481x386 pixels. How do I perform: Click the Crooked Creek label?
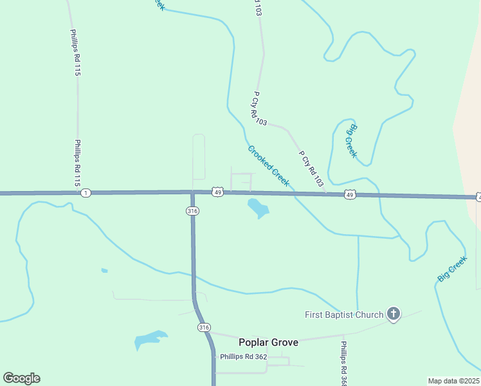(x=269, y=166)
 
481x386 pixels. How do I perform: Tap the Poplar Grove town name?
(x=268, y=342)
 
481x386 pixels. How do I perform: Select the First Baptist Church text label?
(x=344, y=315)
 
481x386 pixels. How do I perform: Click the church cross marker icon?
(x=394, y=315)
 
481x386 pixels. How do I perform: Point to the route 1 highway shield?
(x=87, y=192)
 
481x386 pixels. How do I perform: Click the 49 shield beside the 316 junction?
(x=218, y=192)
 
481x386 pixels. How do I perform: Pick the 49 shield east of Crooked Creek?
(x=350, y=194)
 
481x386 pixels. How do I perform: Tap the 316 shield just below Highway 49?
(x=192, y=211)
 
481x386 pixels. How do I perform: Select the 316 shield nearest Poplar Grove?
(x=204, y=327)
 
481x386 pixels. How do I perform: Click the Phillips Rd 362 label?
(x=243, y=356)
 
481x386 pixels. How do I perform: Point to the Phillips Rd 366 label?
(x=344, y=363)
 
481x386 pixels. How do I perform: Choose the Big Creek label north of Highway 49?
(x=352, y=141)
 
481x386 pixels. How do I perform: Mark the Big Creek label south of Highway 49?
(x=452, y=269)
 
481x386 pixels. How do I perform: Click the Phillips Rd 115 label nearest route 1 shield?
(x=78, y=163)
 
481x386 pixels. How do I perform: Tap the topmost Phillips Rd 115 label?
(x=74, y=53)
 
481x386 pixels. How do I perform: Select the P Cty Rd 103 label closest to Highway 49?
(x=311, y=169)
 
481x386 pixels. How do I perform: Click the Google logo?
(x=21, y=378)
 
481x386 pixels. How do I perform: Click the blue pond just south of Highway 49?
(x=258, y=208)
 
